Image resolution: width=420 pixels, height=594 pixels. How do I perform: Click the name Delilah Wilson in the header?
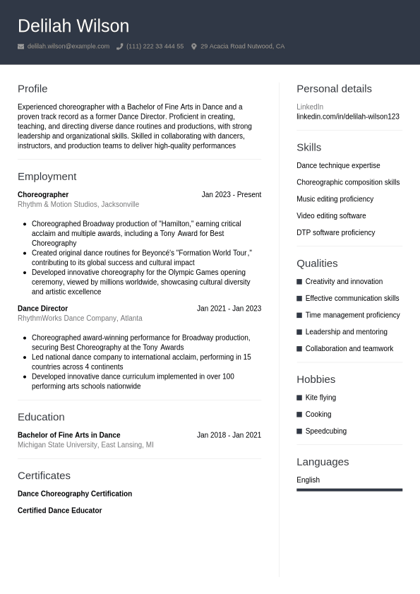click(x=73, y=26)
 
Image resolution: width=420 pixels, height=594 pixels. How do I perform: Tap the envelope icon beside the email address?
click(x=21, y=47)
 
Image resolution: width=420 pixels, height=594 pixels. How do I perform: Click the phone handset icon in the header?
click(x=119, y=47)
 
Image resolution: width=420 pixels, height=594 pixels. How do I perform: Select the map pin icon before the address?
click(x=194, y=47)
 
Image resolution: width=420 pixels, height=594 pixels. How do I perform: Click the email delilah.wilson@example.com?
click(x=68, y=47)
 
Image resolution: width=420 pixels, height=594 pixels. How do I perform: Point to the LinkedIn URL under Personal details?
click(x=347, y=117)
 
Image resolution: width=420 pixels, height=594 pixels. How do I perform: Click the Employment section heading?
click(x=47, y=177)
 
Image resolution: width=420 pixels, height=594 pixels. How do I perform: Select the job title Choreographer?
click(x=43, y=195)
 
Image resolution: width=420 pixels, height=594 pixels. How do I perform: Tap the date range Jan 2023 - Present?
click(x=231, y=195)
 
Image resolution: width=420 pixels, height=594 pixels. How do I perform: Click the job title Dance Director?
click(x=42, y=309)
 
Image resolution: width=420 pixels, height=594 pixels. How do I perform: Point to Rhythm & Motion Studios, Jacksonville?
click(x=78, y=205)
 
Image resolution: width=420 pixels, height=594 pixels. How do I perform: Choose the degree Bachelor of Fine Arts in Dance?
click(x=68, y=435)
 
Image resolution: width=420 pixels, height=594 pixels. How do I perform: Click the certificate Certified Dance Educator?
click(x=59, y=511)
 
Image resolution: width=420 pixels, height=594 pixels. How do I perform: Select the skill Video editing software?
click(x=331, y=216)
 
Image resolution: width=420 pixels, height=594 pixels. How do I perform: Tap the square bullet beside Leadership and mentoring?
click(x=299, y=332)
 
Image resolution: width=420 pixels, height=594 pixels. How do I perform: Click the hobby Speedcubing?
click(x=325, y=432)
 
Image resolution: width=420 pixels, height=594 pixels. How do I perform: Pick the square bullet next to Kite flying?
click(x=299, y=398)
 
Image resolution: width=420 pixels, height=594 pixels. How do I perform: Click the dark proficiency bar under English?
click(x=349, y=489)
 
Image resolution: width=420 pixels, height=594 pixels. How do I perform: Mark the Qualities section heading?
click(x=317, y=263)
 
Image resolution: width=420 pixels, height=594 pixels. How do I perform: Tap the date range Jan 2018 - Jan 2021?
click(x=229, y=435)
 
